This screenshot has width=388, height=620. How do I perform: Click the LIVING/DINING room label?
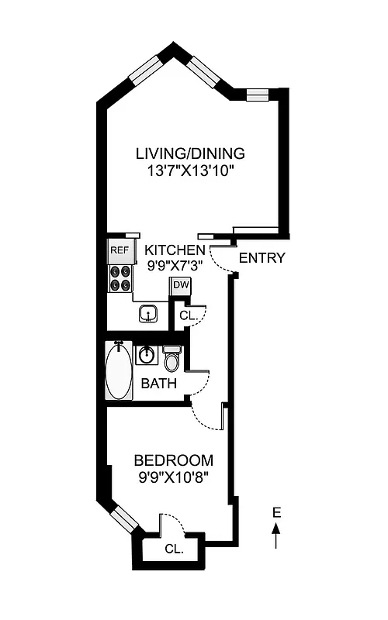(x=190, y=153)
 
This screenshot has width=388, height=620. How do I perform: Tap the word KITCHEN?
(x=176, y=250)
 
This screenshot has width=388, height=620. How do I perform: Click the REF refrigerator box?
(x=119, y=250)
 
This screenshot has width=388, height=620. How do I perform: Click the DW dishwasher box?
(x=180, y=285)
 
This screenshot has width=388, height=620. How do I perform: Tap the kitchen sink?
(x=149, y=314)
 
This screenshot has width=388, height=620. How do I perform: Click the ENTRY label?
(x=262, y=258)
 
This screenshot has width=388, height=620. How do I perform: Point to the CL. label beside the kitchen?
(x=188, y=315)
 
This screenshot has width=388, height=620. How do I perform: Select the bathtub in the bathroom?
(x=119, y=371)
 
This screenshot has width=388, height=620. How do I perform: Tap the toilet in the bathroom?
(x=171, y=359)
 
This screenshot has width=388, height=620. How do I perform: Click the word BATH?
(x=158, y=384)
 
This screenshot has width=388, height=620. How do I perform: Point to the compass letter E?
(x=276, y=512)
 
